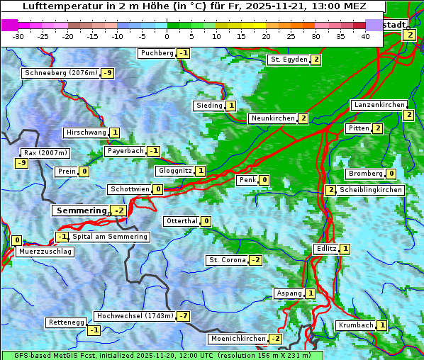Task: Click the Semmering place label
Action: click(x=80, y=210)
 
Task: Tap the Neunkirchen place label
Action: click(x=272, y=118)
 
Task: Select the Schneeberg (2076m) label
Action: click(x=60, y=73)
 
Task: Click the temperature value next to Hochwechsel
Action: click(x=184, y=315)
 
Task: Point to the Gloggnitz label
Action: click(x=174, y=171)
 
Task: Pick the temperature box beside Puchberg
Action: click(x=184, y=53)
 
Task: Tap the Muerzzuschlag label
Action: click(x=46, y=252)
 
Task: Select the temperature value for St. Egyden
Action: click(x=316, y=60)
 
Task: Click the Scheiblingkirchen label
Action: click(x=371, y=190)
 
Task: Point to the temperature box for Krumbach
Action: click(x=382, y=325)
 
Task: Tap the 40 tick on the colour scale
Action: click(x=365, y=35)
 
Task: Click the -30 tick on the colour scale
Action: click(x=18, y=35)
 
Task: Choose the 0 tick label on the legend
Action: click(x=167, y=35)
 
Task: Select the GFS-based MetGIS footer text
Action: click(x=162, y=355)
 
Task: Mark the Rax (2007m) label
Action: click(x=45, y=152)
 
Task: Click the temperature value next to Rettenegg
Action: click(x=94, y=330)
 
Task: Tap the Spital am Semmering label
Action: click(x=110, y=237)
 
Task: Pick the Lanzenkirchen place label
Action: click(x=379, y=105)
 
